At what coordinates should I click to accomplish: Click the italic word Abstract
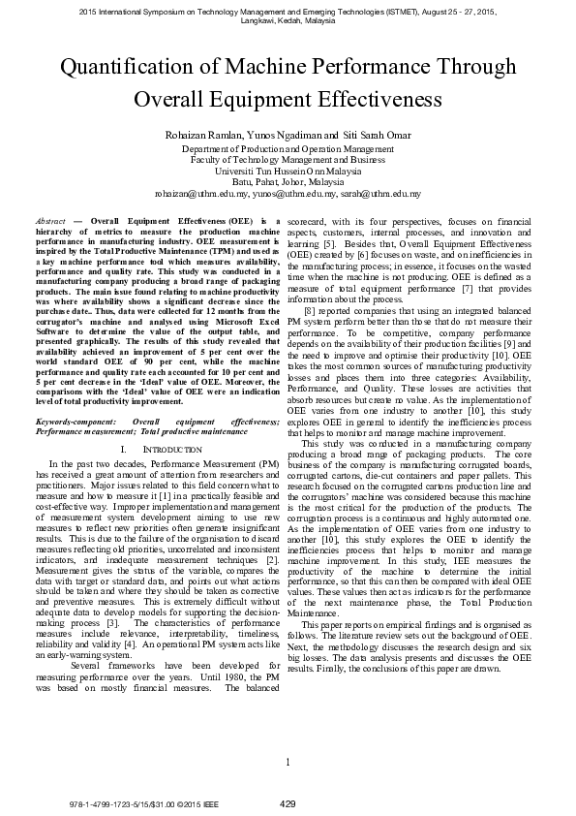(50, 222)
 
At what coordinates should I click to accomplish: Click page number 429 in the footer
(288, 803)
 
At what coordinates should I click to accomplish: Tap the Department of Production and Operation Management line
(288, 150)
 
